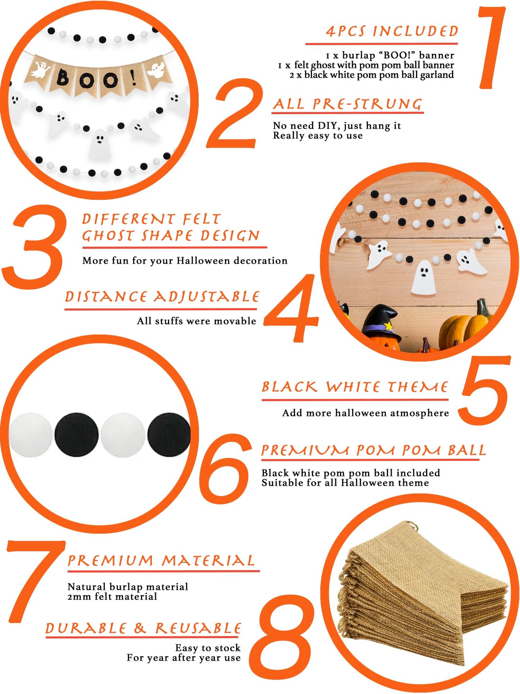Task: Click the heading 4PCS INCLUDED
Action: (392, 31)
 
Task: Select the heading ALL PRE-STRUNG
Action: (348, 104)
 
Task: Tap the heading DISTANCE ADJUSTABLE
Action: (162, 297)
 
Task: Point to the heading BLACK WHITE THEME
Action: (355, 387)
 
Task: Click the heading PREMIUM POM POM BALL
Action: (374, 450)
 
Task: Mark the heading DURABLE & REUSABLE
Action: (143, 628)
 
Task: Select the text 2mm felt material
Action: (112, 597)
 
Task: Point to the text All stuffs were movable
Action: (196, 321)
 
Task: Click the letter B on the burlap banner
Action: (63, 77)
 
